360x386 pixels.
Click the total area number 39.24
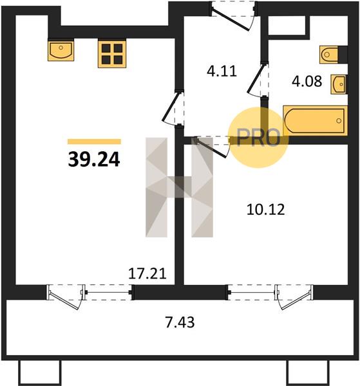(x=94, y=159)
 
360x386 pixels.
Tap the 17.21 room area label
(x=147, y=273)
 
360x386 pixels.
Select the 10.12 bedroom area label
(x=265, y=210)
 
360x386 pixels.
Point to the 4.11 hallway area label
(x=222, y=71)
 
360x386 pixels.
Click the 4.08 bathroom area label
(x=307, y=81)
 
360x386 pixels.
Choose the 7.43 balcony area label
(x=180, y=322)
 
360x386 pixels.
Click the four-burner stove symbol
(x=112, y=54)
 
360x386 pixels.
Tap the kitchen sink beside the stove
(x=61, y=51)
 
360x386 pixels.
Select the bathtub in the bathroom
(x=315, y=121)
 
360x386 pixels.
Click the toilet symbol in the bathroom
(x=329, y=55)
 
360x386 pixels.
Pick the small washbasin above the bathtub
(x=339, y=84)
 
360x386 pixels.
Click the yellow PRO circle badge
(x=258, y=138)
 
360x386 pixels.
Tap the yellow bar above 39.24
(x=95, y=142)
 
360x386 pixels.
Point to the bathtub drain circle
(x=339, y=121)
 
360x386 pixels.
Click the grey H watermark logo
(x=179, y=187)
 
